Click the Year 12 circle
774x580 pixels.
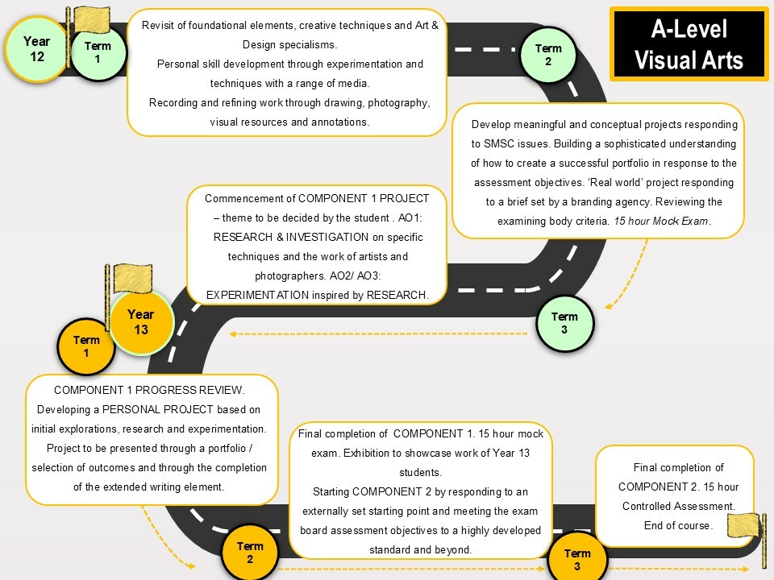pyautogui.click(x=36, y=49)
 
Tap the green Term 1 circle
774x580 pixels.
pyautogui.click(x=98, y=52)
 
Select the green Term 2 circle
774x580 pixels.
pyautogui.click(x=548, y=55)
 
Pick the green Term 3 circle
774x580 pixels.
pyautogui.click(x=564, y=323)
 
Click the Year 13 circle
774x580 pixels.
pyautogui.click(x=141, y=322)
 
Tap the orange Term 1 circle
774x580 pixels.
pyautogui.click(x=86, y=346)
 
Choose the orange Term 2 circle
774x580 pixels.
pyautogui.click(x=250, y=553)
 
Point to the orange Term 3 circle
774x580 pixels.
pyautogui.click(x=577, y=559)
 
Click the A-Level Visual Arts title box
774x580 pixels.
pyautogui.click(x=689, y=43)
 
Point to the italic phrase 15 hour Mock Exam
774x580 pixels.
pyautogui.click(x=661, y=221)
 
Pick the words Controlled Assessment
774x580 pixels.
pyautogui.click(x=678, y=507)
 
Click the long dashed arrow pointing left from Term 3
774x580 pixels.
pyautogui.click(x=379, y=333)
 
